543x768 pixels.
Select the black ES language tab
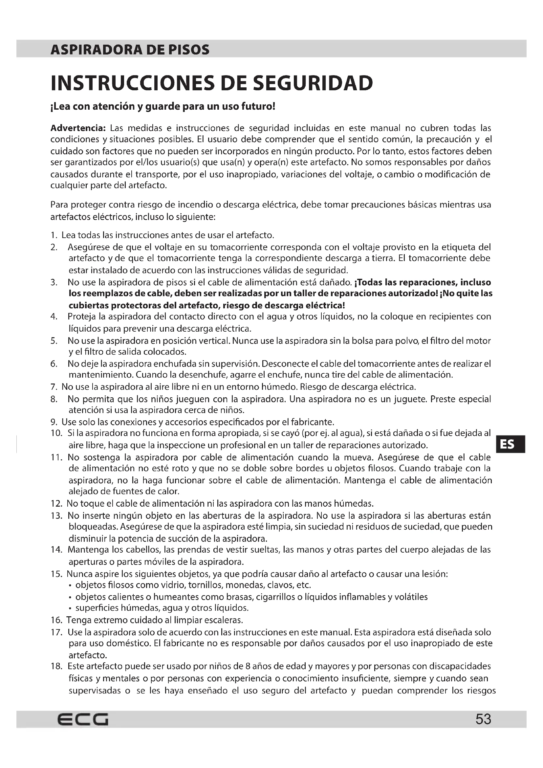510,444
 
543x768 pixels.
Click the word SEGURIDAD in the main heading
313,83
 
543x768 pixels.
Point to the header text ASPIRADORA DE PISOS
130,50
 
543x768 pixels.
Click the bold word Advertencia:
78,128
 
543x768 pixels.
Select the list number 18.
56,666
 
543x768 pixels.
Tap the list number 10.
56,433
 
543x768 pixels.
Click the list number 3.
54,282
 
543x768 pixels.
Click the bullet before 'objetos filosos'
70,585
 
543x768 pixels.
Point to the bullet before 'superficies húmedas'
70,608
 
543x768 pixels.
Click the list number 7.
54,387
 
